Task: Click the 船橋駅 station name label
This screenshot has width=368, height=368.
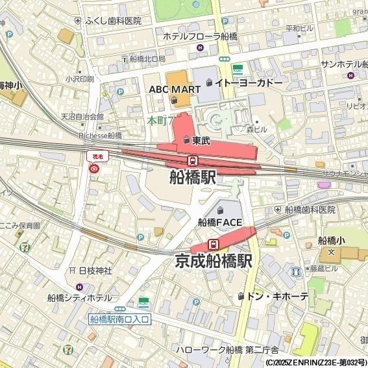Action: tap(192, 177)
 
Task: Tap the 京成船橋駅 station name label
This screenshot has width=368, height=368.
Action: tap(214, 261)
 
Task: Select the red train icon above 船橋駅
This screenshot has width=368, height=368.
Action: tap(192, 160)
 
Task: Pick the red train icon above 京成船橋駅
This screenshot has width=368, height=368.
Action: tap(213, 244)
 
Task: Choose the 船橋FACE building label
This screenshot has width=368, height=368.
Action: tap(220, 222)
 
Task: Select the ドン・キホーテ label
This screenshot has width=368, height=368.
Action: tap(277, 297)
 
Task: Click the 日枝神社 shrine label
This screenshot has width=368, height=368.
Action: tap(95, 270)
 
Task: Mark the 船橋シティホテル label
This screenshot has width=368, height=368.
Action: tap(79, 298)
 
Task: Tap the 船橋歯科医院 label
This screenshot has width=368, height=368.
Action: tap(310, 210)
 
